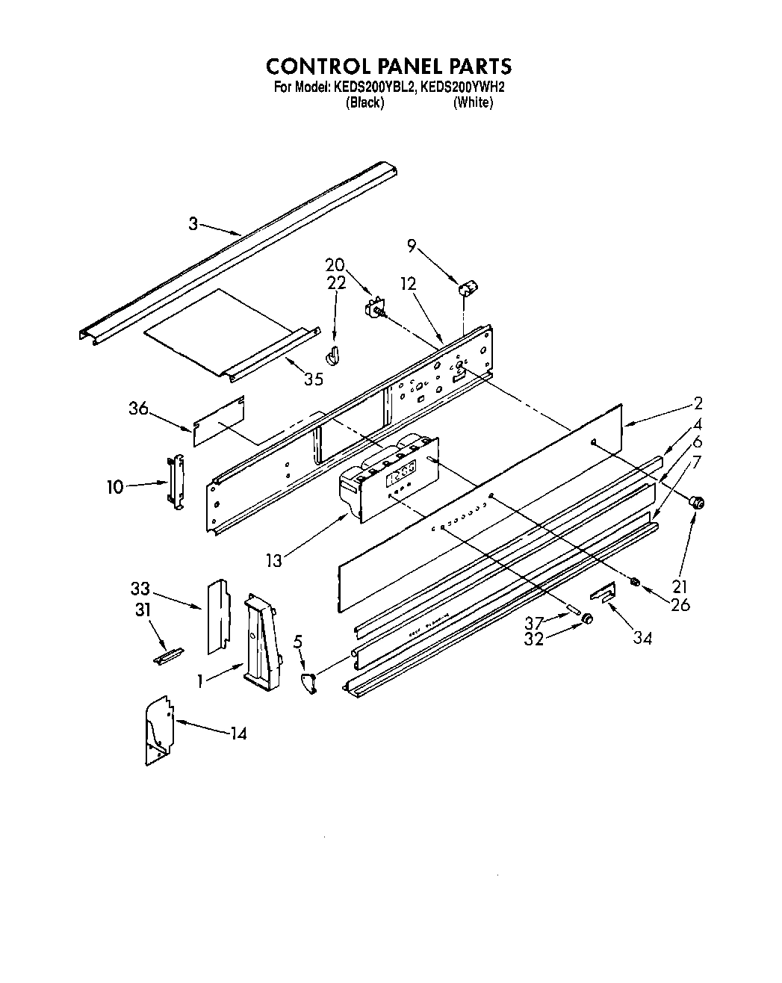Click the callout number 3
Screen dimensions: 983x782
[193, 223]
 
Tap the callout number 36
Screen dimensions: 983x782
[138, 409]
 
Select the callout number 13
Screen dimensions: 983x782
[274, 559]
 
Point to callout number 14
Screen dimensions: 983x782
[238, 733]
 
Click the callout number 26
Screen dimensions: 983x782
[680, 604]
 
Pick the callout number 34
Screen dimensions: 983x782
[642, 638]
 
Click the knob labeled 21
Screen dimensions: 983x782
[698, 503]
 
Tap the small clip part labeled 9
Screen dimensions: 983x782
[468, 288]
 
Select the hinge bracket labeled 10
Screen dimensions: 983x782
[176, 482]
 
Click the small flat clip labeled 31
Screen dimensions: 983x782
[167, 655]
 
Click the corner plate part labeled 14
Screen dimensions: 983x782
[158, 731]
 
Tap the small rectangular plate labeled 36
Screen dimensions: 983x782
[219, 421]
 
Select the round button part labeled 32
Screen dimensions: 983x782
[587, 618]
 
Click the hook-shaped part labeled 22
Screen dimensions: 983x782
[333, 356]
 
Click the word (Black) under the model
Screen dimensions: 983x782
[364, 103]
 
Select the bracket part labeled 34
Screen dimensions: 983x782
[603, 593]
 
